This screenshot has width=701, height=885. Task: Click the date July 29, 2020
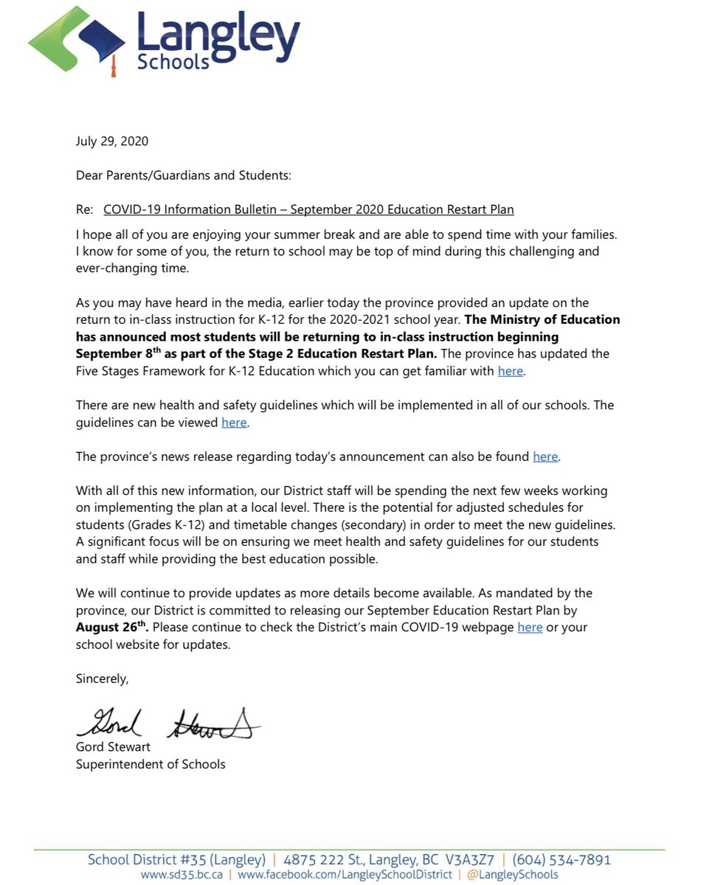click(x=111, y=141)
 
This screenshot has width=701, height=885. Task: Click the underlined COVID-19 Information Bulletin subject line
click(x=308, y=209)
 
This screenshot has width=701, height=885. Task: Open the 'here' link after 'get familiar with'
click(x=510, y=371)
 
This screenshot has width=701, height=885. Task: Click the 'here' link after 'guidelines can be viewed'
click(x=234, y=423)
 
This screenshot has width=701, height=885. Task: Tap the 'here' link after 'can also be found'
click(x=545, y=457)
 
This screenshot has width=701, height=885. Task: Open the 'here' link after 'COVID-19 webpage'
click(x=530, y=627)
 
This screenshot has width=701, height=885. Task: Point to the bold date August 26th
click(x=111, y=627)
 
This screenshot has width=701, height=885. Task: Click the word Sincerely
click(x=102, y=678)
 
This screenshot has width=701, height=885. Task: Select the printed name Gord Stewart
click(x=113, y=747)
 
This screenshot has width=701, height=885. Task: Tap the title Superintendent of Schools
click(x=151, y=764)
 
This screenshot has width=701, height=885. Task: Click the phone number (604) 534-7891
click(x=562, y=860)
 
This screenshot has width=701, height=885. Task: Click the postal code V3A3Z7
click(x=469, y=860)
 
